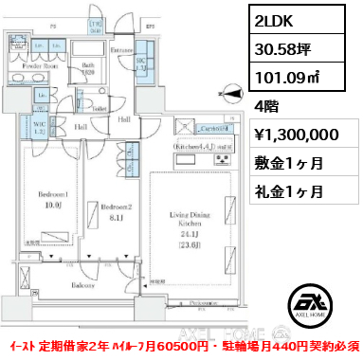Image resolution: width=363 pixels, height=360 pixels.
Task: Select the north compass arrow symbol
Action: pyautogui.click(x=230, y=91)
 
